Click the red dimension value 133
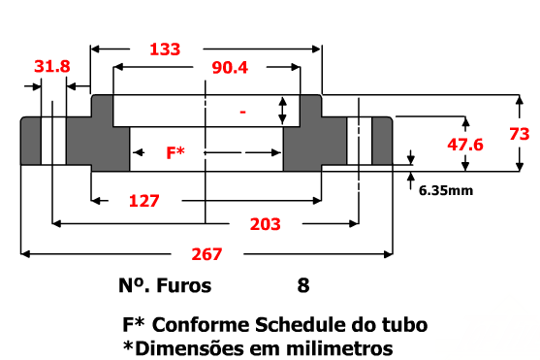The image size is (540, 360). [165, 49]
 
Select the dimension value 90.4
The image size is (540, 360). [230, 68]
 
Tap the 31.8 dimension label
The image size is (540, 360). [52, 66]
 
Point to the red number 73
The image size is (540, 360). [520, 134]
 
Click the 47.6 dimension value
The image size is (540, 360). [465, 145]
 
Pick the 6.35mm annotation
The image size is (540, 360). [446, 190]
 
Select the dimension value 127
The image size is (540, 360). [143, 201]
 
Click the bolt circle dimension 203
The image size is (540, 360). [266, 224]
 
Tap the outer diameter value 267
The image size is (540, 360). [206, 254]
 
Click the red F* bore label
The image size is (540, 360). [175, 152]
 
